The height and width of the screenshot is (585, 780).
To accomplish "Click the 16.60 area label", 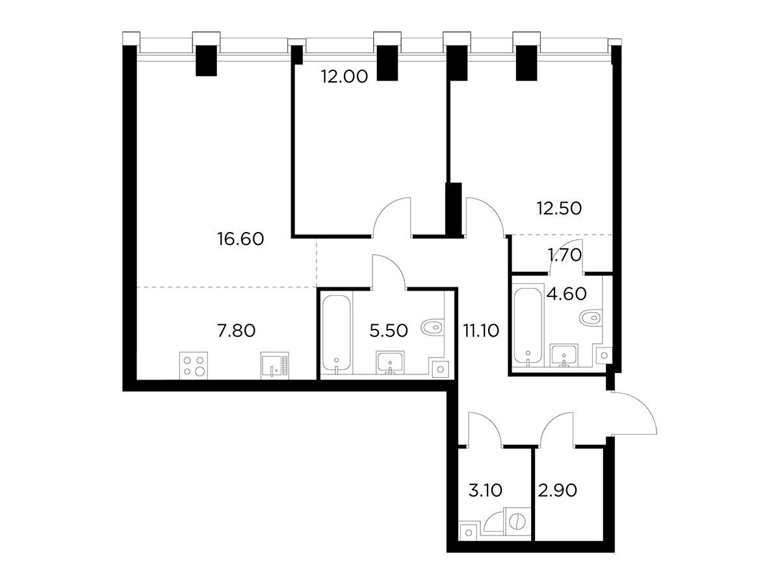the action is click(240, 239).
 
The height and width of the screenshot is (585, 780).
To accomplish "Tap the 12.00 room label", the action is click(344, 77).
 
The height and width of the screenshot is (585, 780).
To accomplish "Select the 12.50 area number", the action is click(559, 209).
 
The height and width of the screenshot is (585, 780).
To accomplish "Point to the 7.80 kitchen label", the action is click(237, 331).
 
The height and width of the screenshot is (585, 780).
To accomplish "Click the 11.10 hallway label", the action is click(481, 331).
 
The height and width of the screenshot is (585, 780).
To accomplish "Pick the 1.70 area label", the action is click(565, 255).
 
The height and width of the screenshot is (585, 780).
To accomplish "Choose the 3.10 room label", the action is click(485, 491).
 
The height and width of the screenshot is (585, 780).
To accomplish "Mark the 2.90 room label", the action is click(557, 491).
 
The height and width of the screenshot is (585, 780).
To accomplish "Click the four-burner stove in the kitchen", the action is click(193, 365).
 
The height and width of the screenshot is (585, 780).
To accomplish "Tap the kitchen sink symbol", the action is click(275, 365).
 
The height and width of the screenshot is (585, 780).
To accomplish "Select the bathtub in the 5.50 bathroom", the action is click(337, 334).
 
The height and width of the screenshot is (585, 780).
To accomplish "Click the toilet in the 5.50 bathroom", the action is click(432, 327).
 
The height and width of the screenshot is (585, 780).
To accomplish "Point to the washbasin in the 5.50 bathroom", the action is click(390, 363).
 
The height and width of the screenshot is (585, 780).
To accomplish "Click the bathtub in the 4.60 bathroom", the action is click(528, 326).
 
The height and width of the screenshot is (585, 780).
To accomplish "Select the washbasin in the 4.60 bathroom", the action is click(564, 355).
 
